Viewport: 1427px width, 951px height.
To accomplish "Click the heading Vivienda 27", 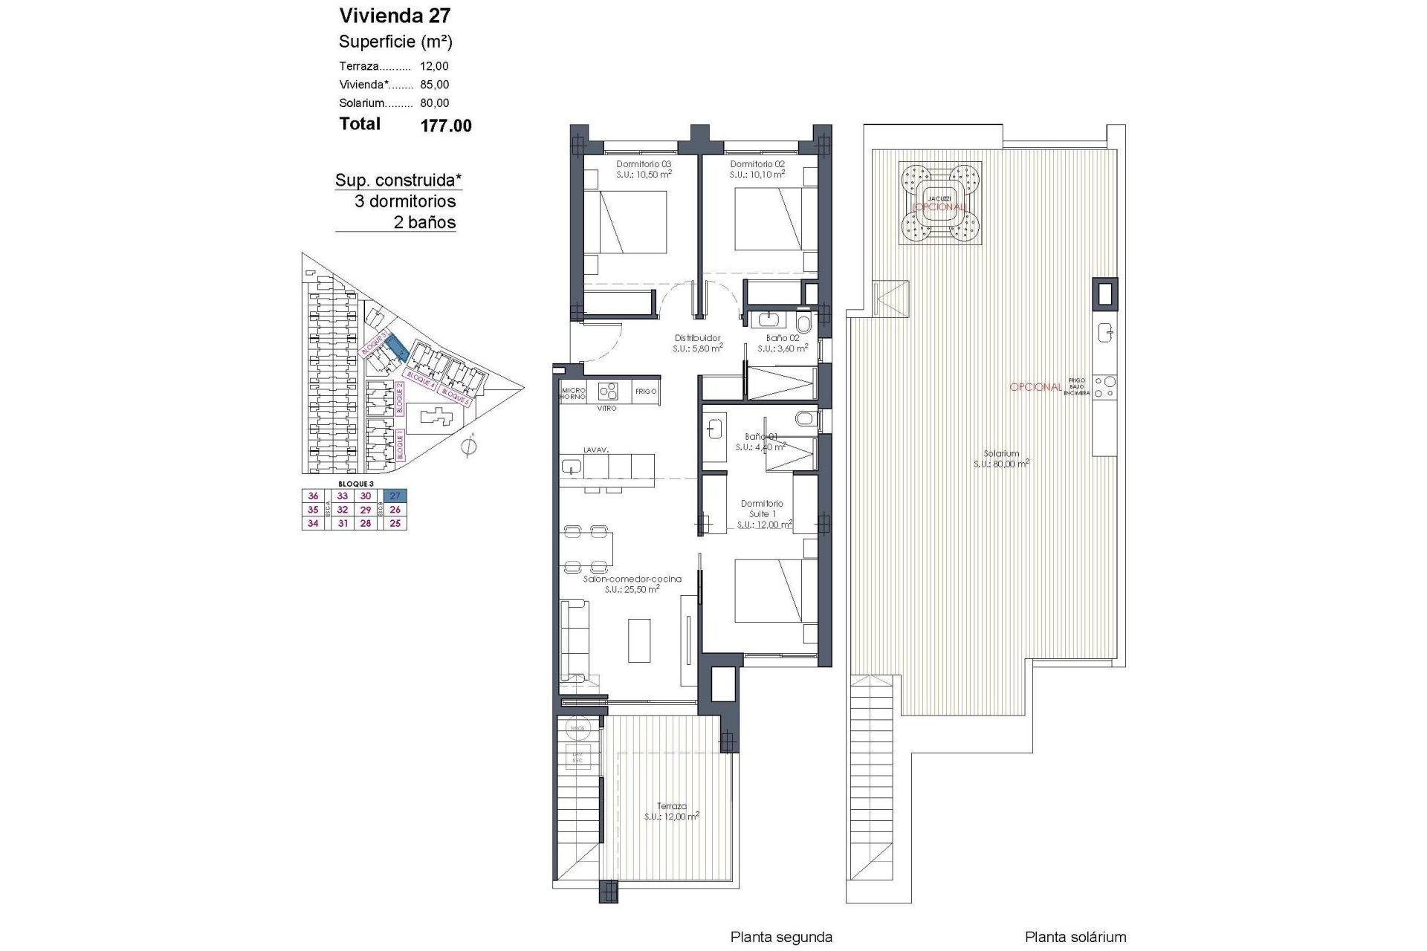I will coord(395,16).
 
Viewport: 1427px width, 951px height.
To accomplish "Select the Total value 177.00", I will coord(446,126).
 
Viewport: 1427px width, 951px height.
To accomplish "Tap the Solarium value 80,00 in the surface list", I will coord(434,103).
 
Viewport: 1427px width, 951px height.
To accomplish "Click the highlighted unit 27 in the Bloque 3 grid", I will coord(395,496).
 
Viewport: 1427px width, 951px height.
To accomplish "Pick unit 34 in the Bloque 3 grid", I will coord(313,523).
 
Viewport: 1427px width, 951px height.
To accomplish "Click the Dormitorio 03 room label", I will coord(644,164).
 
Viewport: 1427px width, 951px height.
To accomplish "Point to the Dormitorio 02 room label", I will coord(757,164).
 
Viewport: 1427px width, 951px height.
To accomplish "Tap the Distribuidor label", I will coord(697,338).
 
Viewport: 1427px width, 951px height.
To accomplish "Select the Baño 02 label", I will coord(783,338).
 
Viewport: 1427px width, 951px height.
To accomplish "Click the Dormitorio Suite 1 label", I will coord(762,509).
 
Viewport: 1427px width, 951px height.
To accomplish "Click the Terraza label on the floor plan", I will coord(671,805).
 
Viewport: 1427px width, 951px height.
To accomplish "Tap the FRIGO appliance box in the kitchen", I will coord(646,392).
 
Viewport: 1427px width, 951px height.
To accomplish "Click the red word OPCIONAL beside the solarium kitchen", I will coord(1035,387).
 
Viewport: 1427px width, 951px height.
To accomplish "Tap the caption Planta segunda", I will coord(781,937).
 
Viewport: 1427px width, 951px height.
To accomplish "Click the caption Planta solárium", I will coord(1075,937).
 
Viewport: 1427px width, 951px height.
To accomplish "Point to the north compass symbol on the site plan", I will coord(468,447).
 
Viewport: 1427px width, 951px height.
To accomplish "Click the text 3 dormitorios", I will coord(405,201).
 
